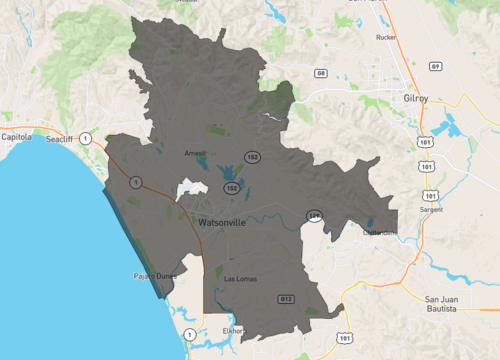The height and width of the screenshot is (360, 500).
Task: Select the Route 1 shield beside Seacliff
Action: click(86, 136)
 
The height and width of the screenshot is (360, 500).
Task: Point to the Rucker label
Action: click(385, 37)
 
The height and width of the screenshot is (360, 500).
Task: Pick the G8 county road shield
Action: click(320, 73)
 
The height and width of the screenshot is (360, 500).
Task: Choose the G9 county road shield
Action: click(435, 66)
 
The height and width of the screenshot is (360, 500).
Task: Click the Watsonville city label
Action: click(229, 220)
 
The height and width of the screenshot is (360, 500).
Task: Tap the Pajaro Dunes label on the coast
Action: click(152, 275)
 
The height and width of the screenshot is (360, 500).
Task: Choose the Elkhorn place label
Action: click(233, 330)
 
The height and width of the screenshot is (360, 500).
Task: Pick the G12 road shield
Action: click(286, 299)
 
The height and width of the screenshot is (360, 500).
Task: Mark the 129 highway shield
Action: click(315, 214)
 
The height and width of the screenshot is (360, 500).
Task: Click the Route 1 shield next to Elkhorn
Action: click(189, 333)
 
